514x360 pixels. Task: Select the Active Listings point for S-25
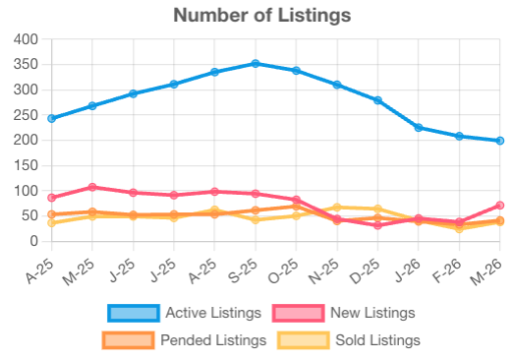(256, 63)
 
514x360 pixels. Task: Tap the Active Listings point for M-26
(500, 141)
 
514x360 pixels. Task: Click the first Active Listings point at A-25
(51, 118)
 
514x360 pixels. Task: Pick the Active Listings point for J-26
(419, 128)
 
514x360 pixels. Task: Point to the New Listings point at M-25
(92, 187)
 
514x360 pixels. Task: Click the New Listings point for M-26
(500, 206)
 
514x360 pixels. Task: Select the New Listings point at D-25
(377, 225)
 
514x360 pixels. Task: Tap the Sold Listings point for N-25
(337, 208)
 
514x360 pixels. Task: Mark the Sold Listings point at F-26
(459, 228)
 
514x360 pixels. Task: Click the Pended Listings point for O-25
(296, 207)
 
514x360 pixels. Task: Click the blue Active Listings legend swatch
(133, 313)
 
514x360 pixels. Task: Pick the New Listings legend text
(374, 313)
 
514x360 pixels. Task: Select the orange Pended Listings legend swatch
(127, 340)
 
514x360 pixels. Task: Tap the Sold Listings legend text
(376, 340)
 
